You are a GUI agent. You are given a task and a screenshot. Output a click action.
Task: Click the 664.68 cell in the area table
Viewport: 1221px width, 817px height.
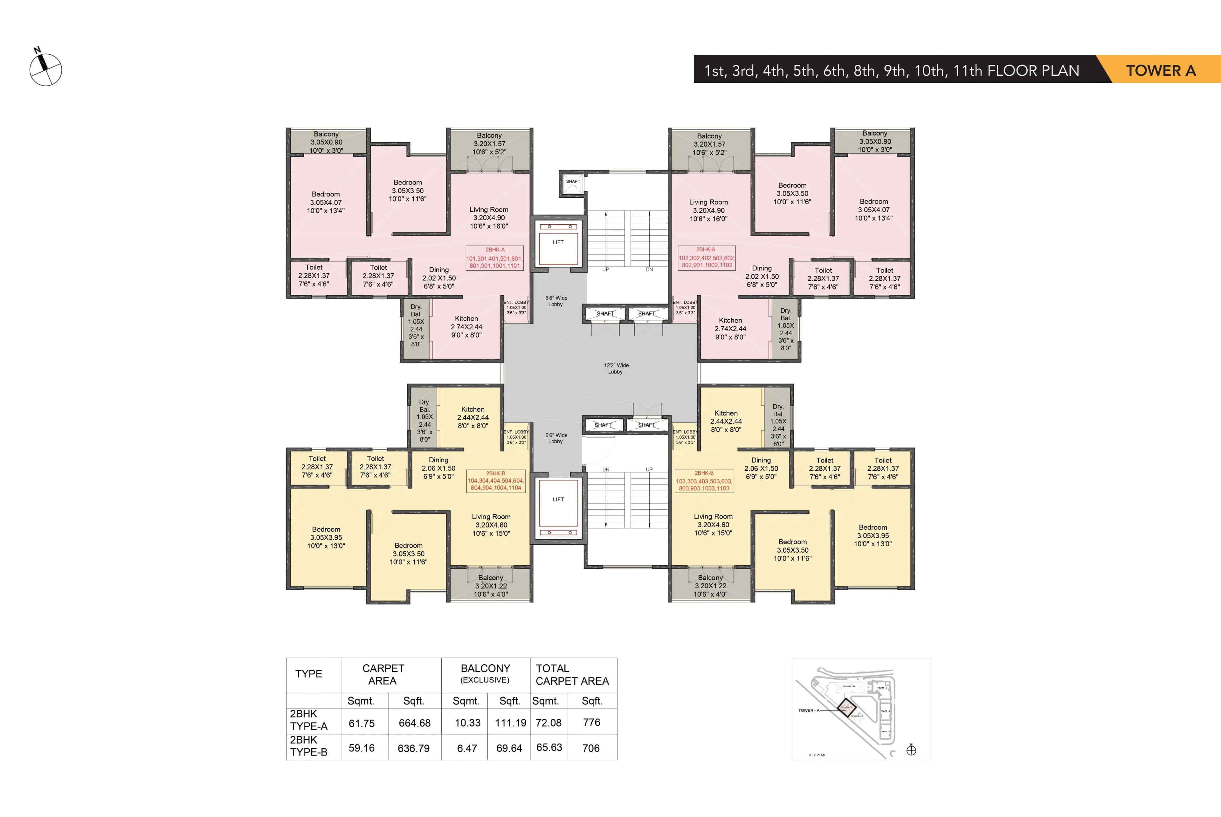(414, 723)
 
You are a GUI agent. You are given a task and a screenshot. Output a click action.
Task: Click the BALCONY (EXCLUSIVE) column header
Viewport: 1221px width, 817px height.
(485, 673)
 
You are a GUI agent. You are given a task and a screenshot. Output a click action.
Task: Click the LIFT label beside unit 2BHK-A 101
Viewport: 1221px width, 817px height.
(558, 242)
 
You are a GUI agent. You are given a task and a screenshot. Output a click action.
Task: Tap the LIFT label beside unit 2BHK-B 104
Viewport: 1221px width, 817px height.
(558, 499)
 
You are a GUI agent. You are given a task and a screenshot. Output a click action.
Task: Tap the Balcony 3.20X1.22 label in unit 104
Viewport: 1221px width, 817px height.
(491, 586)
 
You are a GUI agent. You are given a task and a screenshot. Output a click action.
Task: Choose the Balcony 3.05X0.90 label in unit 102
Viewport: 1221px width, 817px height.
(875, 141)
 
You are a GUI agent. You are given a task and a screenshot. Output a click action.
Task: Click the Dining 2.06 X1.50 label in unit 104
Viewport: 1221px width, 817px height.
(438, 468)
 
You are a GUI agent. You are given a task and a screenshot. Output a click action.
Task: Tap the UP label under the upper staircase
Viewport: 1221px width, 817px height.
(605, 269)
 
